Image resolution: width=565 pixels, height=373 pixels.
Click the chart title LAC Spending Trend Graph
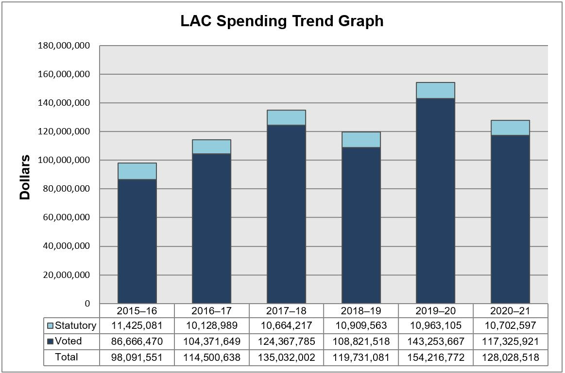(282, 21)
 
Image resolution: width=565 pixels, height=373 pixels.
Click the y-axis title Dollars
(25, 178)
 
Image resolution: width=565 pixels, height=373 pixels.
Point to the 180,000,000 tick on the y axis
(64, 46)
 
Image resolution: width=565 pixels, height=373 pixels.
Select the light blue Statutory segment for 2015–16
(137, 171)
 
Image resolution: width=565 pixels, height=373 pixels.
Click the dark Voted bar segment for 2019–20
(435, 201)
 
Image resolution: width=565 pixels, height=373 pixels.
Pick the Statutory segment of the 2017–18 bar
(286, 118)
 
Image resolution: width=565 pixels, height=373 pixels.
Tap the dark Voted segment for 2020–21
(510, 219)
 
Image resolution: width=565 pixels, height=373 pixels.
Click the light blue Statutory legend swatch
(51, 325)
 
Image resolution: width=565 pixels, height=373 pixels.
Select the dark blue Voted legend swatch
(51, 341)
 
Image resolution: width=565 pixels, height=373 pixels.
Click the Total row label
(67, 357)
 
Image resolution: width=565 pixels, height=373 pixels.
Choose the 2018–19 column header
(361, 310)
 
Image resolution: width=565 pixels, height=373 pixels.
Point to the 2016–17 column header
(211, 310)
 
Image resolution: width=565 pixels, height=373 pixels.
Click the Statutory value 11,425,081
(137, 325)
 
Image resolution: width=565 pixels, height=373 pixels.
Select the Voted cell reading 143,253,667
(435, 341)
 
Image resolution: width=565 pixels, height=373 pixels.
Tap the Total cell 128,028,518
(510, 357)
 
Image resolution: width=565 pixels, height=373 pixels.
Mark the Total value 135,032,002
(286, 357)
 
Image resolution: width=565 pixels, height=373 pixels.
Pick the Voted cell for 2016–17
(211, 341)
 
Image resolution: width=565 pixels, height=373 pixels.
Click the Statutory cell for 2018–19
(361, 325)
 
